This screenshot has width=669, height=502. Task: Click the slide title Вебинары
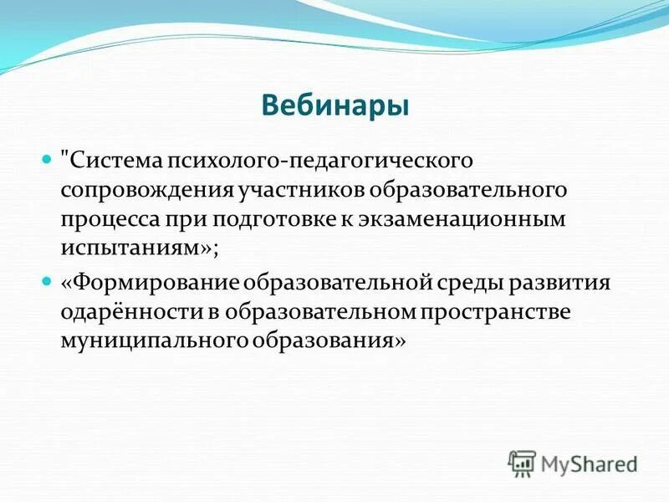[334, 106]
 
